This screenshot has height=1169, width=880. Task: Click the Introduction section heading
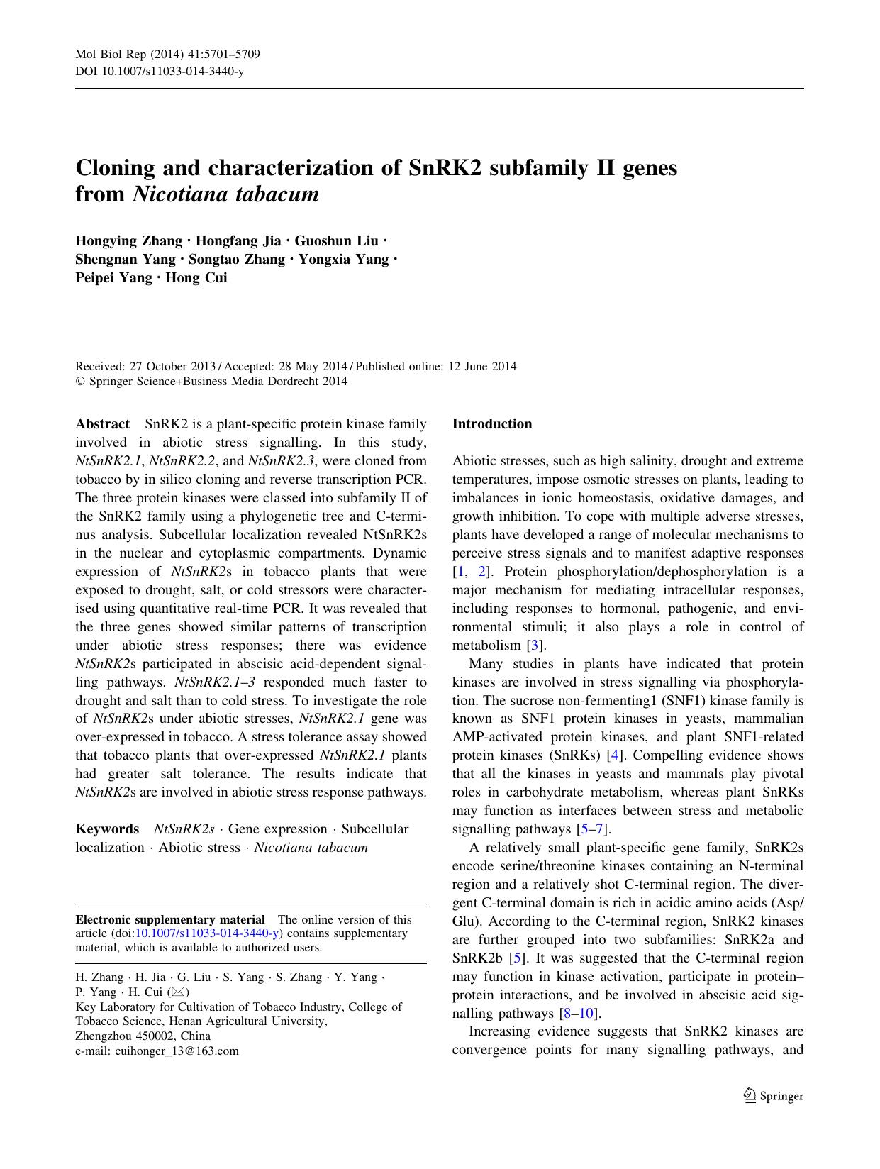click(491, 424)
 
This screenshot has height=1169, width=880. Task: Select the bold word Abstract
click(102, 424)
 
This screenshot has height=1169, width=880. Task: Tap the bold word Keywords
click(107, 829)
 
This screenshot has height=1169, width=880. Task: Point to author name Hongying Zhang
click(128, 241)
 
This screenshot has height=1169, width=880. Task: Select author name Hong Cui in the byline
click(196, 278)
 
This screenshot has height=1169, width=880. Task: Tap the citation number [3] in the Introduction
click(535, 646)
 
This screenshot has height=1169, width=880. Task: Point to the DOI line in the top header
click(160, 72)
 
